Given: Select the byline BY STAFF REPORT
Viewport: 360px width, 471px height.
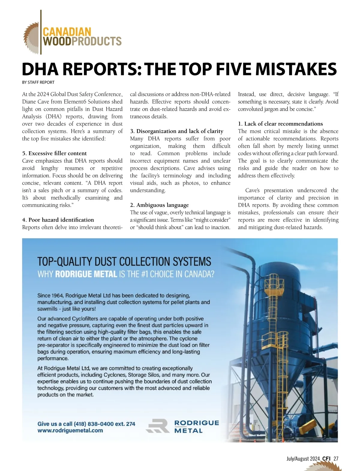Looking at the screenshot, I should point(38,82).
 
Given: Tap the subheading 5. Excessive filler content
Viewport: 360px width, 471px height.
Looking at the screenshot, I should point(54,153).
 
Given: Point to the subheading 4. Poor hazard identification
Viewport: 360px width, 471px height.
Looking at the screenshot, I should point(58,220).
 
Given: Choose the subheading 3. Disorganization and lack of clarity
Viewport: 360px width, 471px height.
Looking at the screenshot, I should point(177,131).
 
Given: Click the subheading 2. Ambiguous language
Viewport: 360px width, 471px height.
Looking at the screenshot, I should point(159,205).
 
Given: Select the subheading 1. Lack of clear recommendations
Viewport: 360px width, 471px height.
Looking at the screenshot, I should point(280,124).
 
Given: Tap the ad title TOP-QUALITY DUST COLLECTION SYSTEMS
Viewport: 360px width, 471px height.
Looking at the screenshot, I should point(124,261).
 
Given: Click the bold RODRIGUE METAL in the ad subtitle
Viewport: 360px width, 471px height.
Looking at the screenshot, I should point(86,274).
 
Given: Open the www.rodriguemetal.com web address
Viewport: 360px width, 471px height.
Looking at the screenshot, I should point(70,430).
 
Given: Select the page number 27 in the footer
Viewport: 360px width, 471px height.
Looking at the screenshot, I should point(336,459).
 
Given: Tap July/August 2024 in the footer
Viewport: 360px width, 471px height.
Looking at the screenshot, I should point(303,459).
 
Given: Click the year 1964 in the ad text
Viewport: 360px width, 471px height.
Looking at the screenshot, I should point(57,296).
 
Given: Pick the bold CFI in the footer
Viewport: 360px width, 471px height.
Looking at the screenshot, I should point(326,459).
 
